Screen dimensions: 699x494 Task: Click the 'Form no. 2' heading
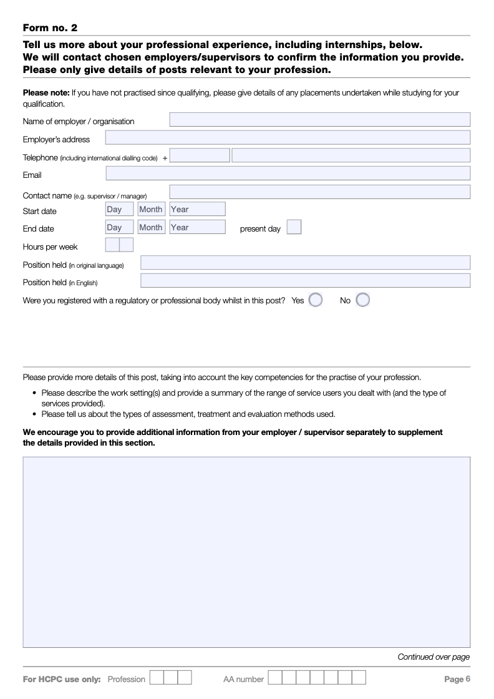click(50, 28)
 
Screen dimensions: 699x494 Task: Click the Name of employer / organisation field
click(319, 120)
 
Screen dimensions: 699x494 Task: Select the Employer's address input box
click(288, 138)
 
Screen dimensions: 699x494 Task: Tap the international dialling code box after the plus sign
click(200, 156)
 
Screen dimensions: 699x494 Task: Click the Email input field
click(288, 174)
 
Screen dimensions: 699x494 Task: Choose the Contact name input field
click(319, 192)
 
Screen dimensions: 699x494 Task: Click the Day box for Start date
click(119, 210)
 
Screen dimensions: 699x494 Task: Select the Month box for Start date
click(151, 210)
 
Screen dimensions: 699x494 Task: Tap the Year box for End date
click(197, 227)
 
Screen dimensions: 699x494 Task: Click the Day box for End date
click(119, 227)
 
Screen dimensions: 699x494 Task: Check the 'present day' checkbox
click(294, 227)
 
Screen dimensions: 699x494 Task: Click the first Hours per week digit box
click(112, 245)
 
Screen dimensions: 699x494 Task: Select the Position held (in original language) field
click(305, 263)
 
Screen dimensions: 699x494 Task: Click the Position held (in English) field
click(305, 281)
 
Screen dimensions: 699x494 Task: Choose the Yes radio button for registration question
click(316, 300)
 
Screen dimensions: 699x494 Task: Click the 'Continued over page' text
click(433, 657)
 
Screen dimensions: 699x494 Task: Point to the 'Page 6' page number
click(457, 678)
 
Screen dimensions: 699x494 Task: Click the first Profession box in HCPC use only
click(157, 678)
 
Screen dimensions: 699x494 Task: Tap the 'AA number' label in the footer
click(243, 679)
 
